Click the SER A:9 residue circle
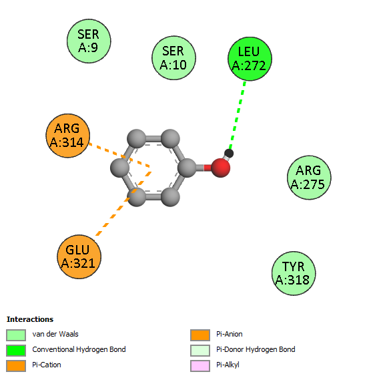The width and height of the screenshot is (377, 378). click(89, 41)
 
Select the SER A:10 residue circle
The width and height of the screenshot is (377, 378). click(173, 58)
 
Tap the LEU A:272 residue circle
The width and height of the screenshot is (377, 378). click(250, 59)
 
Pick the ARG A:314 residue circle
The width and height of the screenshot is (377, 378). click(67, 136)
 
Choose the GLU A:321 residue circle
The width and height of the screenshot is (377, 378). click(79, 256)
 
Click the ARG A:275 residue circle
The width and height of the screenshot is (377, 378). click(309, 178)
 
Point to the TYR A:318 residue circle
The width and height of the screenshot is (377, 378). click(294, 273)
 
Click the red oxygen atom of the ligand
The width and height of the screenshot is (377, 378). click(220, 168)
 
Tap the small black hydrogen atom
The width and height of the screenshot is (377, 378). click(229, 154)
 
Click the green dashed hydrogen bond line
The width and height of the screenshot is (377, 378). click(238, 115)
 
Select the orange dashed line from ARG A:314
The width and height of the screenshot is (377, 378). click(119, 155)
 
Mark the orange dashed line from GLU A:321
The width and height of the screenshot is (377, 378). click(123, 203)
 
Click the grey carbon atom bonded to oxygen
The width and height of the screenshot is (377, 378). click(187, 168)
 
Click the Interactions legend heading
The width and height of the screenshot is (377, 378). click(30, 319)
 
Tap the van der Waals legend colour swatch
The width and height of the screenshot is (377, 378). click(16, 335)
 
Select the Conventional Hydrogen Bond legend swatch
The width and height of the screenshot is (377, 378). click(16, 351)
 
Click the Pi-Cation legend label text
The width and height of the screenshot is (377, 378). click(47, 365)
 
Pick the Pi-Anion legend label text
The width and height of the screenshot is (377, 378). click(230, 334)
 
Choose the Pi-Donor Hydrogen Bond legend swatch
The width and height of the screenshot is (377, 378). click(200, 351)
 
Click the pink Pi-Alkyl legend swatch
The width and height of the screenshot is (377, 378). click(200, 366)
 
